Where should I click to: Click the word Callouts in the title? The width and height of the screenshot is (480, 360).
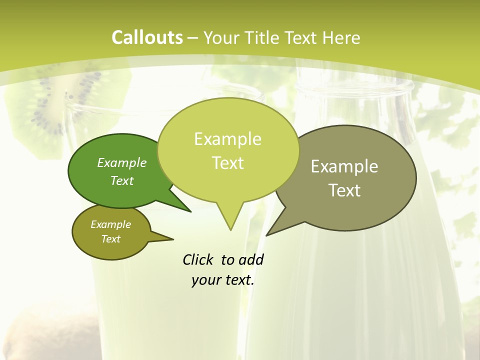click(x=147, y=37)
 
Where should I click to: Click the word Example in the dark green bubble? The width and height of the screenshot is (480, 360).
click(x=122, y=162)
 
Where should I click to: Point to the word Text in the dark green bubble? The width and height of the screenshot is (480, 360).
click(x=122, y=180)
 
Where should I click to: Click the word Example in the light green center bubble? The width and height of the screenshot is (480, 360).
click(x=227, y=139)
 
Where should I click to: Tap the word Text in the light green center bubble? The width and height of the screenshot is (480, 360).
click(x=227, y=163)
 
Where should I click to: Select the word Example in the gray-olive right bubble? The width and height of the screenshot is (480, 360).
click(x=344, y=166)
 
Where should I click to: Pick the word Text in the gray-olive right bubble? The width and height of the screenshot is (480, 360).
click(x=344, y=190)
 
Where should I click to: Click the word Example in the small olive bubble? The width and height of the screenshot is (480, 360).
click(x=110, y=224)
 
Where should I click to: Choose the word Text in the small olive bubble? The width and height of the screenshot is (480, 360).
click(x=110, y=239)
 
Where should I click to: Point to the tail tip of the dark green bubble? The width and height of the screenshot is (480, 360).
click(x=190, y=211)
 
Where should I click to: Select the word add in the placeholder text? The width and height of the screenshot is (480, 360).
click(x=251, y=260)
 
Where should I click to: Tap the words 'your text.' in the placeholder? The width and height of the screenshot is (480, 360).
click(x=223, y=280)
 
